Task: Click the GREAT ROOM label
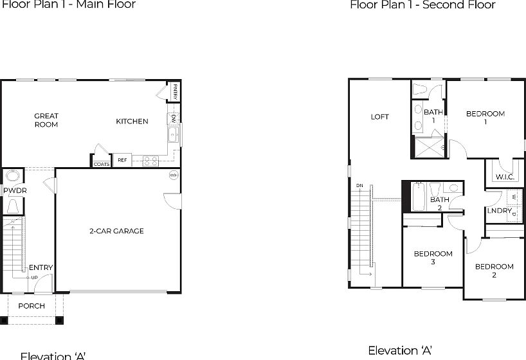(x=46, y=120)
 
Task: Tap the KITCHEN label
(x=132, y=122)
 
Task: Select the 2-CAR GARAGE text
(x=116, y=231)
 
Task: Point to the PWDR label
(x=14, y=191)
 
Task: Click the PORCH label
(x=32, y=306)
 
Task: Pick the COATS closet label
(x=102, y=164)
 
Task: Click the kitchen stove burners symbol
(x=151, y=161)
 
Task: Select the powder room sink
(x=12, y=177)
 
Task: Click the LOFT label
(x=380, y=117)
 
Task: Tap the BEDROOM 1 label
(x=485, y=117)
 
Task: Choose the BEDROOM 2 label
(x=494, y=271)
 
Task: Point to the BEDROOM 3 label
(x=433, y=258)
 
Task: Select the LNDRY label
(x=499, y=211)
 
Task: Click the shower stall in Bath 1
(x=429, y=147)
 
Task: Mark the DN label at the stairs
(x=359, y=186)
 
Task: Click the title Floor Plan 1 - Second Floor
(x=422, y=5)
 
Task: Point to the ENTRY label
(x=41, y=267)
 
